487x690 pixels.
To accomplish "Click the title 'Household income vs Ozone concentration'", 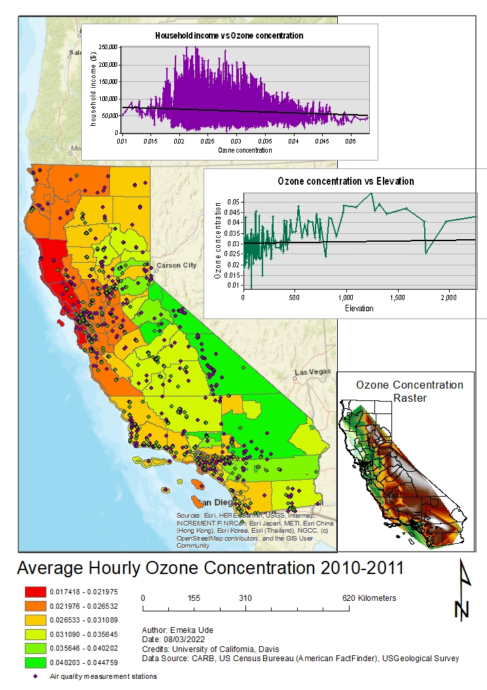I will click(x=228, y=35).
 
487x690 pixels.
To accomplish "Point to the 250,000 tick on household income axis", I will click(x=107, y=47).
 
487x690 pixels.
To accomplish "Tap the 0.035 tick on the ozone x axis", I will click(x=264, y=141).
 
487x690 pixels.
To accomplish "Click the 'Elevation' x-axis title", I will click(x=359, y=308).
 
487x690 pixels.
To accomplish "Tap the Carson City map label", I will click(x=175, y=265).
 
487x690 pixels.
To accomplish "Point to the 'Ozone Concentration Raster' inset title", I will click(x=409, y=391).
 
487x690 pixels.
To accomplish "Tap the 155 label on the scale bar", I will click(x=193, y=598).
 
